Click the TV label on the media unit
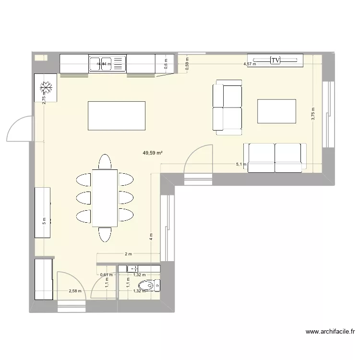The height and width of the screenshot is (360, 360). point(275,60)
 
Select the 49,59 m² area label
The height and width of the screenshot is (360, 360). point(152,153)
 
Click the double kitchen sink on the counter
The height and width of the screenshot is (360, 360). point(107,63)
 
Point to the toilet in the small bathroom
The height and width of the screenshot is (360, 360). point(153,286)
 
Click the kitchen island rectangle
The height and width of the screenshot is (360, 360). point(116,116)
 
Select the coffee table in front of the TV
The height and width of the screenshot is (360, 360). point(276,111)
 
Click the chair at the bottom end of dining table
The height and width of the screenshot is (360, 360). point(105,234)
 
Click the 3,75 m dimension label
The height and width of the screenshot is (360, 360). point(313,114)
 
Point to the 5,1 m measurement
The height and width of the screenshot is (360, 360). point(241,165)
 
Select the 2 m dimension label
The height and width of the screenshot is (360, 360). point(128,254)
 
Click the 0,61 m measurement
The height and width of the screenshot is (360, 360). point(106,275)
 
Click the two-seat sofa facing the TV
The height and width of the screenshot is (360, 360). point(275,156)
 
